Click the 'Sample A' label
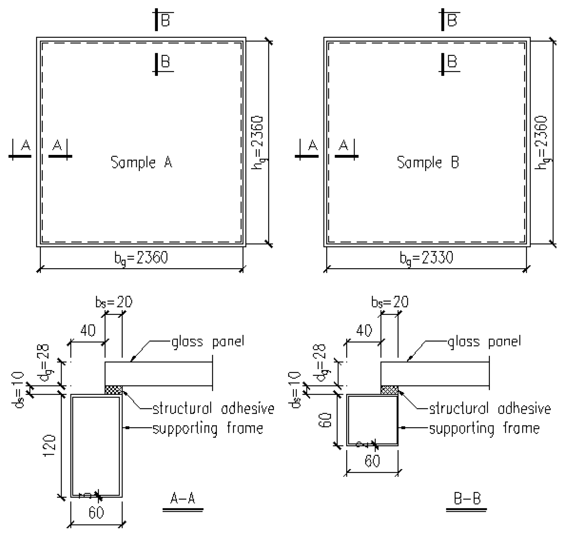pos(141,162)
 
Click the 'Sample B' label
pos(428,162)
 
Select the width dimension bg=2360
pos(141,258)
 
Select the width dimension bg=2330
pos(426,258)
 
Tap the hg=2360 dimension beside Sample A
pos(257,143)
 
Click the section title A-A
pos(183,499)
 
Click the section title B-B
pos(467,499)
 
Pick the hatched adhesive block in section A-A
pos(113,390)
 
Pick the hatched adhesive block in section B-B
pos(389,390)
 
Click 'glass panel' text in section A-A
pos(208,341)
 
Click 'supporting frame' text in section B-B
pos(484,428)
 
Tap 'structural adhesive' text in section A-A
pos(213,408)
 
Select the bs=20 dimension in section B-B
pos(390,302)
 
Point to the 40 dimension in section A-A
pos(88,331)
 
